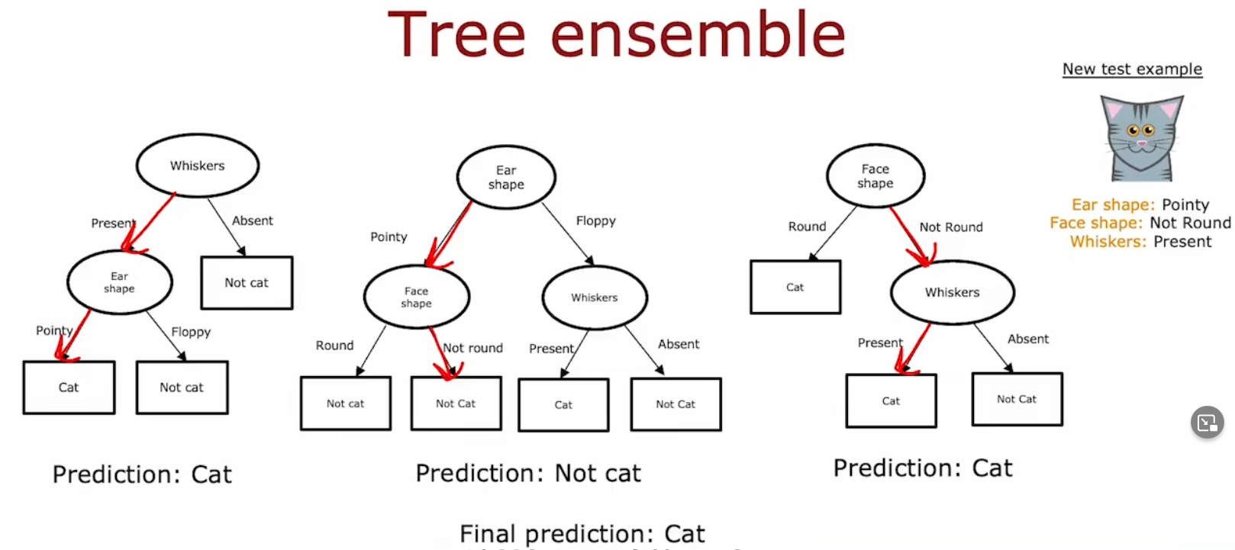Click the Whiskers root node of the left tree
pos(198,166)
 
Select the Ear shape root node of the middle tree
pos(506,177)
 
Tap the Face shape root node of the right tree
pos(875,176)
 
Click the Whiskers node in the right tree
pos(952,292)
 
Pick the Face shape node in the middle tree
pos(417,297)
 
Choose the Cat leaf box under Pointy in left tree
pos(69,388)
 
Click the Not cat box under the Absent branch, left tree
pos(247,283)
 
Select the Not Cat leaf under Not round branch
pos(456,404)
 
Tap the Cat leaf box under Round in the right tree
pos(795,288)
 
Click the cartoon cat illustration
pos(1141,138)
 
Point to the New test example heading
pos(1132,69)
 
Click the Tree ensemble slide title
pos(616,35)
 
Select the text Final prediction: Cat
pos(582,533)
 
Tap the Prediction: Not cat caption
pos(528,474)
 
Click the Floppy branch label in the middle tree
pos(595,221)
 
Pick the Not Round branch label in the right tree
pos(951,227)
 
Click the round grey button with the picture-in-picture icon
pos(1207,422)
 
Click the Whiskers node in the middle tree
pos(595,298)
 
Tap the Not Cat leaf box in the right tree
pos(1017,399)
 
